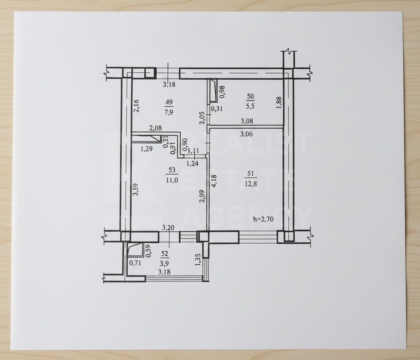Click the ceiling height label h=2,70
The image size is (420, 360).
[263, 219]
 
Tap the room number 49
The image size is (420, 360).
[169, 102]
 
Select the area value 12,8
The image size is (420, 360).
[251, 184]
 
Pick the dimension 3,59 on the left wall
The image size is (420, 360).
[136, 189]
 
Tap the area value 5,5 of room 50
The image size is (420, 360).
[250, 106]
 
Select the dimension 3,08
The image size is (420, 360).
[247, 121]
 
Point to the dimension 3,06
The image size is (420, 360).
[246, 134]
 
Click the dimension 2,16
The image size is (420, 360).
[136, 106]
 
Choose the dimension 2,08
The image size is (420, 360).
[155, 128]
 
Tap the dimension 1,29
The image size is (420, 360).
[147, 148]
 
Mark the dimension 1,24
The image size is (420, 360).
[192, 163]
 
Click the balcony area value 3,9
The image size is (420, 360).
[165, 264]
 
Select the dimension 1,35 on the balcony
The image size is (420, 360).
[198, 260]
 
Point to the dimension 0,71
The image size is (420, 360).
[135, 263]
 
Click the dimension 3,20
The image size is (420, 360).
[168, 228]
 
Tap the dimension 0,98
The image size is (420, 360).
[222, 92]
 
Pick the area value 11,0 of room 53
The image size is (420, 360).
[172, 180]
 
